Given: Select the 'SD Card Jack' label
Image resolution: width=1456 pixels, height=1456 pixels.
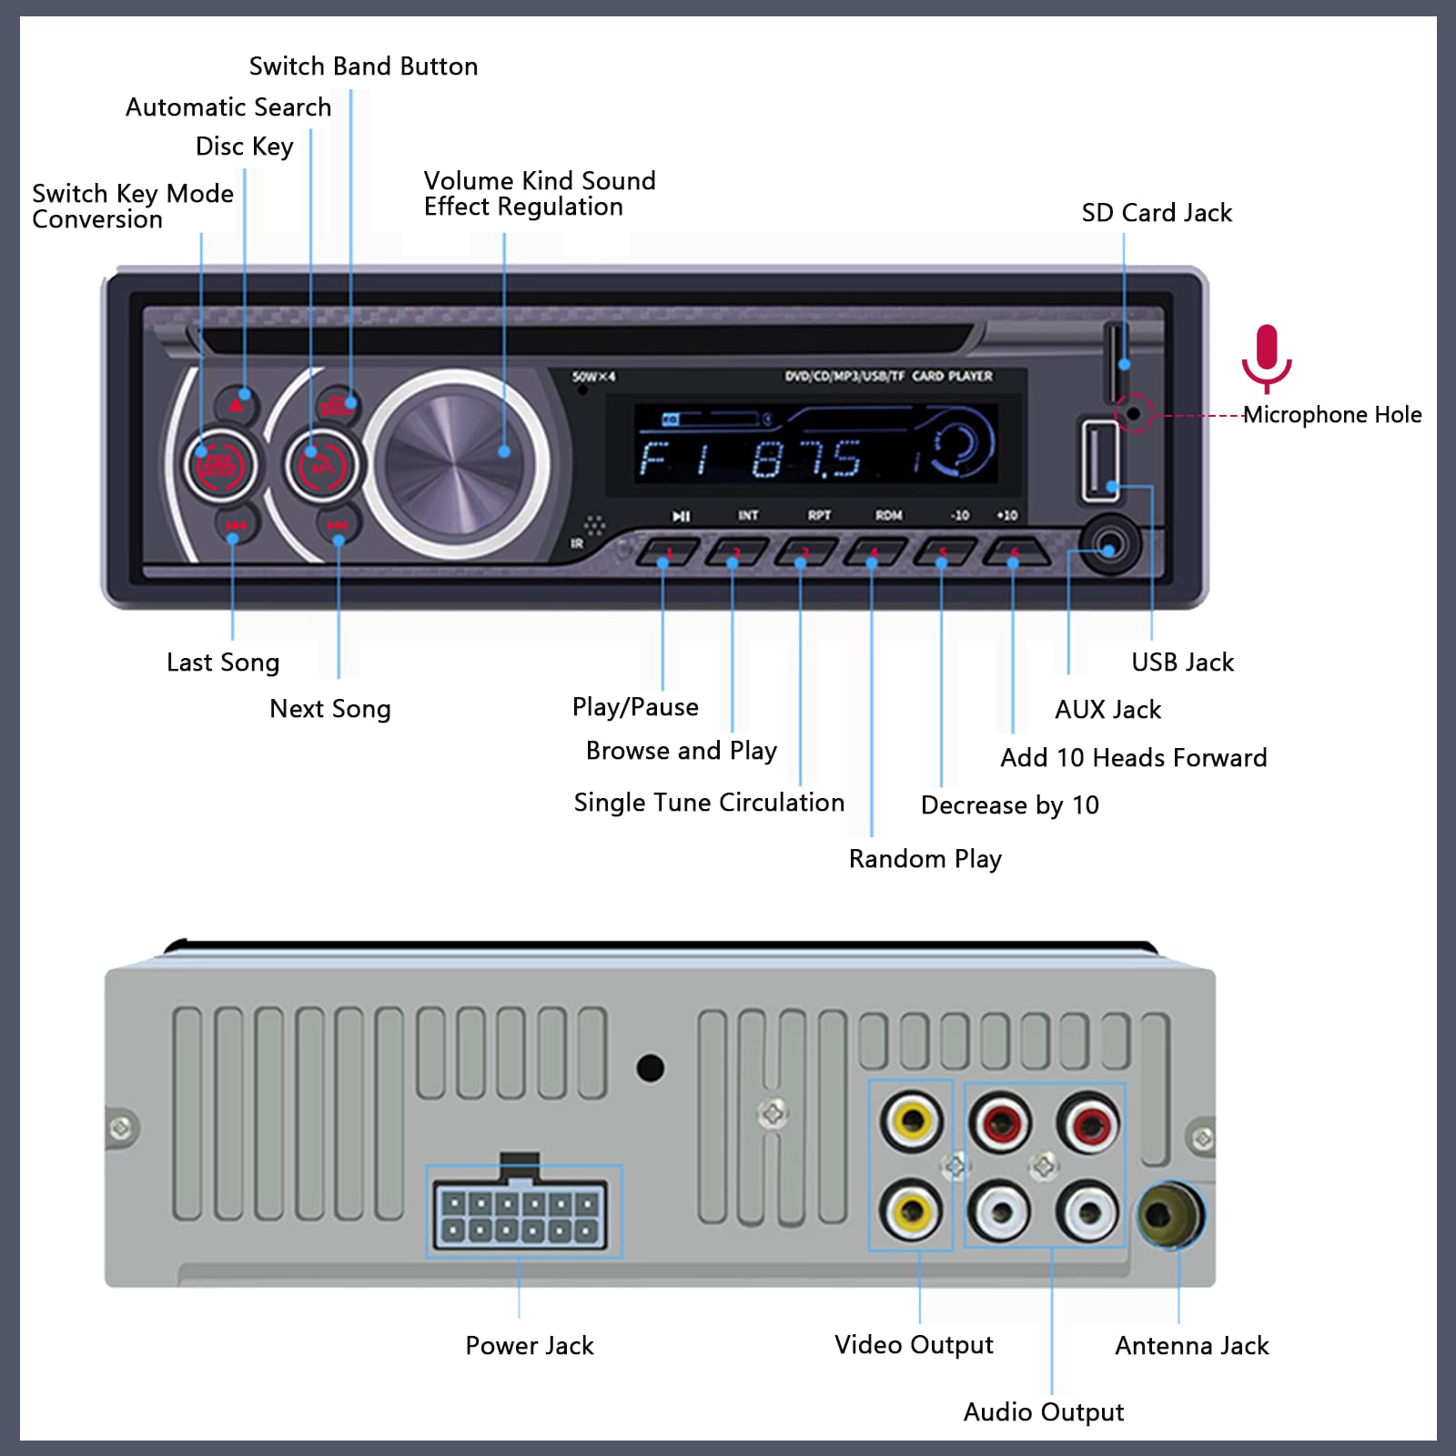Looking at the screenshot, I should click(x=1157, y=213).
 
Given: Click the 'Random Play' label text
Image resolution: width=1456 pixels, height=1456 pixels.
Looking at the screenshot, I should click(x=925, y=859).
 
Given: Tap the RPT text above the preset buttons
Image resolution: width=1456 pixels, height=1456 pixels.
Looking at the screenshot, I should click(x=819, y=515).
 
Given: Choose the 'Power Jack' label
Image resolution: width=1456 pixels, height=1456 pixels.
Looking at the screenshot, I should click(x=529, y=1346).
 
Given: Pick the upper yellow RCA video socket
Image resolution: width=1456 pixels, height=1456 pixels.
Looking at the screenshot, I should click(x=912, y=1120).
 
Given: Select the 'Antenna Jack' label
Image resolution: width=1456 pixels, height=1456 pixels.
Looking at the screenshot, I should click(x=1191, y=1346).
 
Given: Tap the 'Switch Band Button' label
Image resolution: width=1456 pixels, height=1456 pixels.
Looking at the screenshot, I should click(x=363, y=66).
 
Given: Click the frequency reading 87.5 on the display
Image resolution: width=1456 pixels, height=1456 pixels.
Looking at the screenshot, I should click(x=806, y=460).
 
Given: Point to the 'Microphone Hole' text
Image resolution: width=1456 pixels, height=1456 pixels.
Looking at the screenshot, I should click(x=1332, y=415).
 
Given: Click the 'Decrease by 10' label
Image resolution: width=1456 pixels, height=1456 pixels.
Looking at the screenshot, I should click(x=1009, y=805).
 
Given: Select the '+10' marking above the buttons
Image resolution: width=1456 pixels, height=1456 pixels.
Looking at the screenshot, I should click(x=1007, y=515).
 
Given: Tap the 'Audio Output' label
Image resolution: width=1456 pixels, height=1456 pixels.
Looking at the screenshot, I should click(x=1043, y=1412).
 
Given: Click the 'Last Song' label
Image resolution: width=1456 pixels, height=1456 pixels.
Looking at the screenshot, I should click(x=222, y=662).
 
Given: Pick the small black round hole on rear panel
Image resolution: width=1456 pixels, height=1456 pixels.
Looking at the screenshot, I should click(x=650, y=1067).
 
